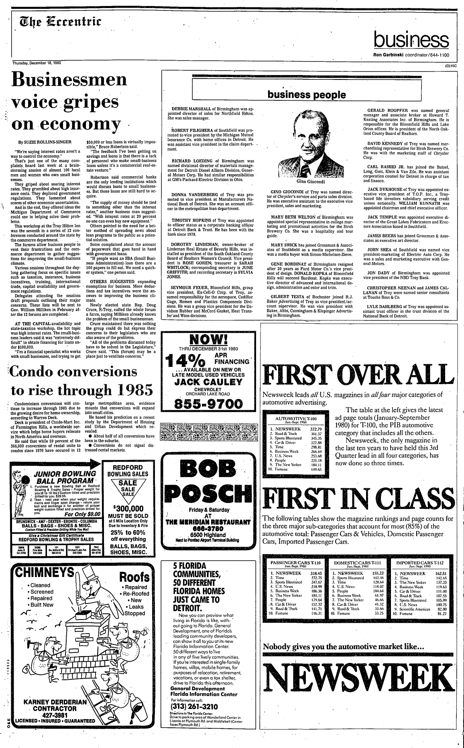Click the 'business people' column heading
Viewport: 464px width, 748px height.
pyautogui.click(x=306, y=95)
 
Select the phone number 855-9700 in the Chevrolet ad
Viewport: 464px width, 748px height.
pyautogui.click(x=206, y=403)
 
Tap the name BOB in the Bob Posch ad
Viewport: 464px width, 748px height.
pyautogui.click(x=206, y=469)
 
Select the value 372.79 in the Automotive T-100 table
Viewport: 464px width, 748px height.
pyautogui.click(x=317, y=429)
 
